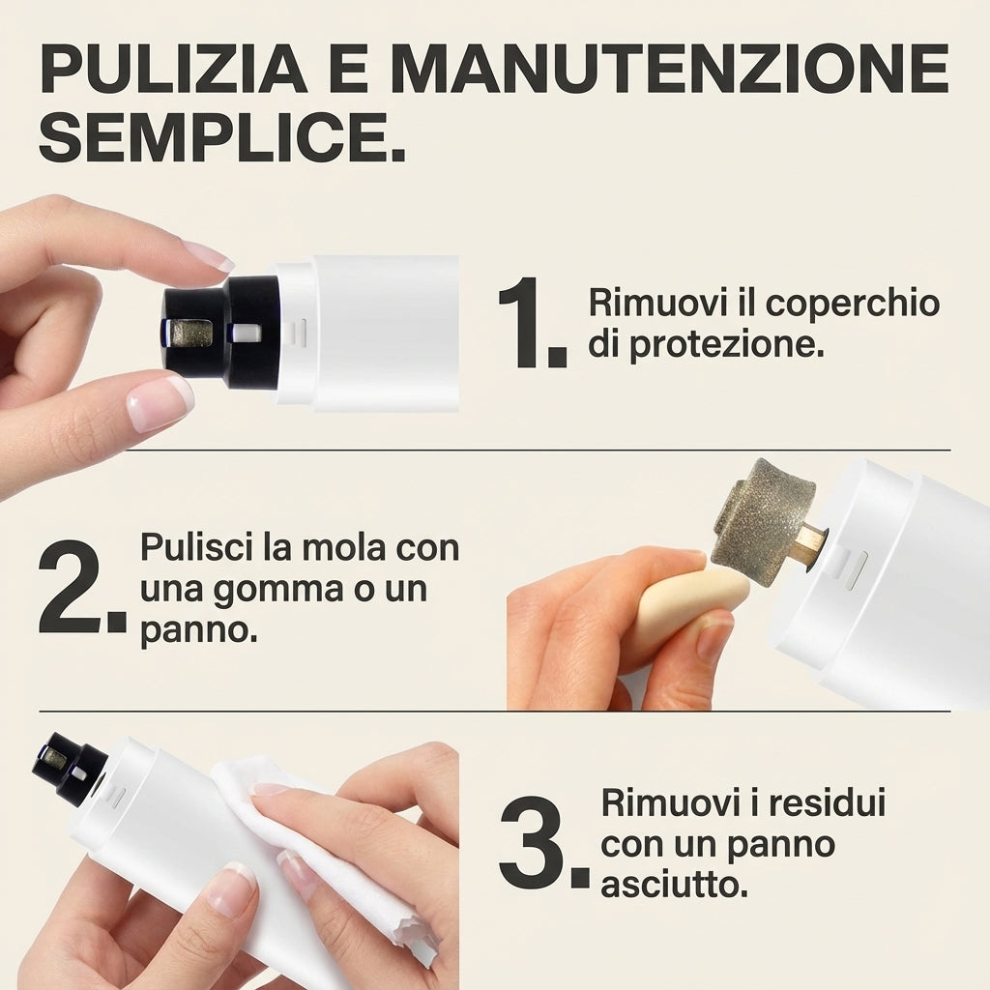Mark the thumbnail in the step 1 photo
160,403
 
